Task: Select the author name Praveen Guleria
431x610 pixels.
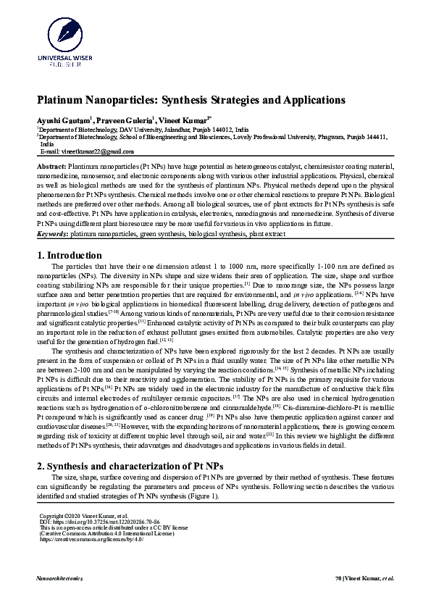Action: pos(119,118)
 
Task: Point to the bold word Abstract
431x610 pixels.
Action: pos(51,167)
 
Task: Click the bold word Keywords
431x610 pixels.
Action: pos(52,235)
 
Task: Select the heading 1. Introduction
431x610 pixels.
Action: pos(70,256)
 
